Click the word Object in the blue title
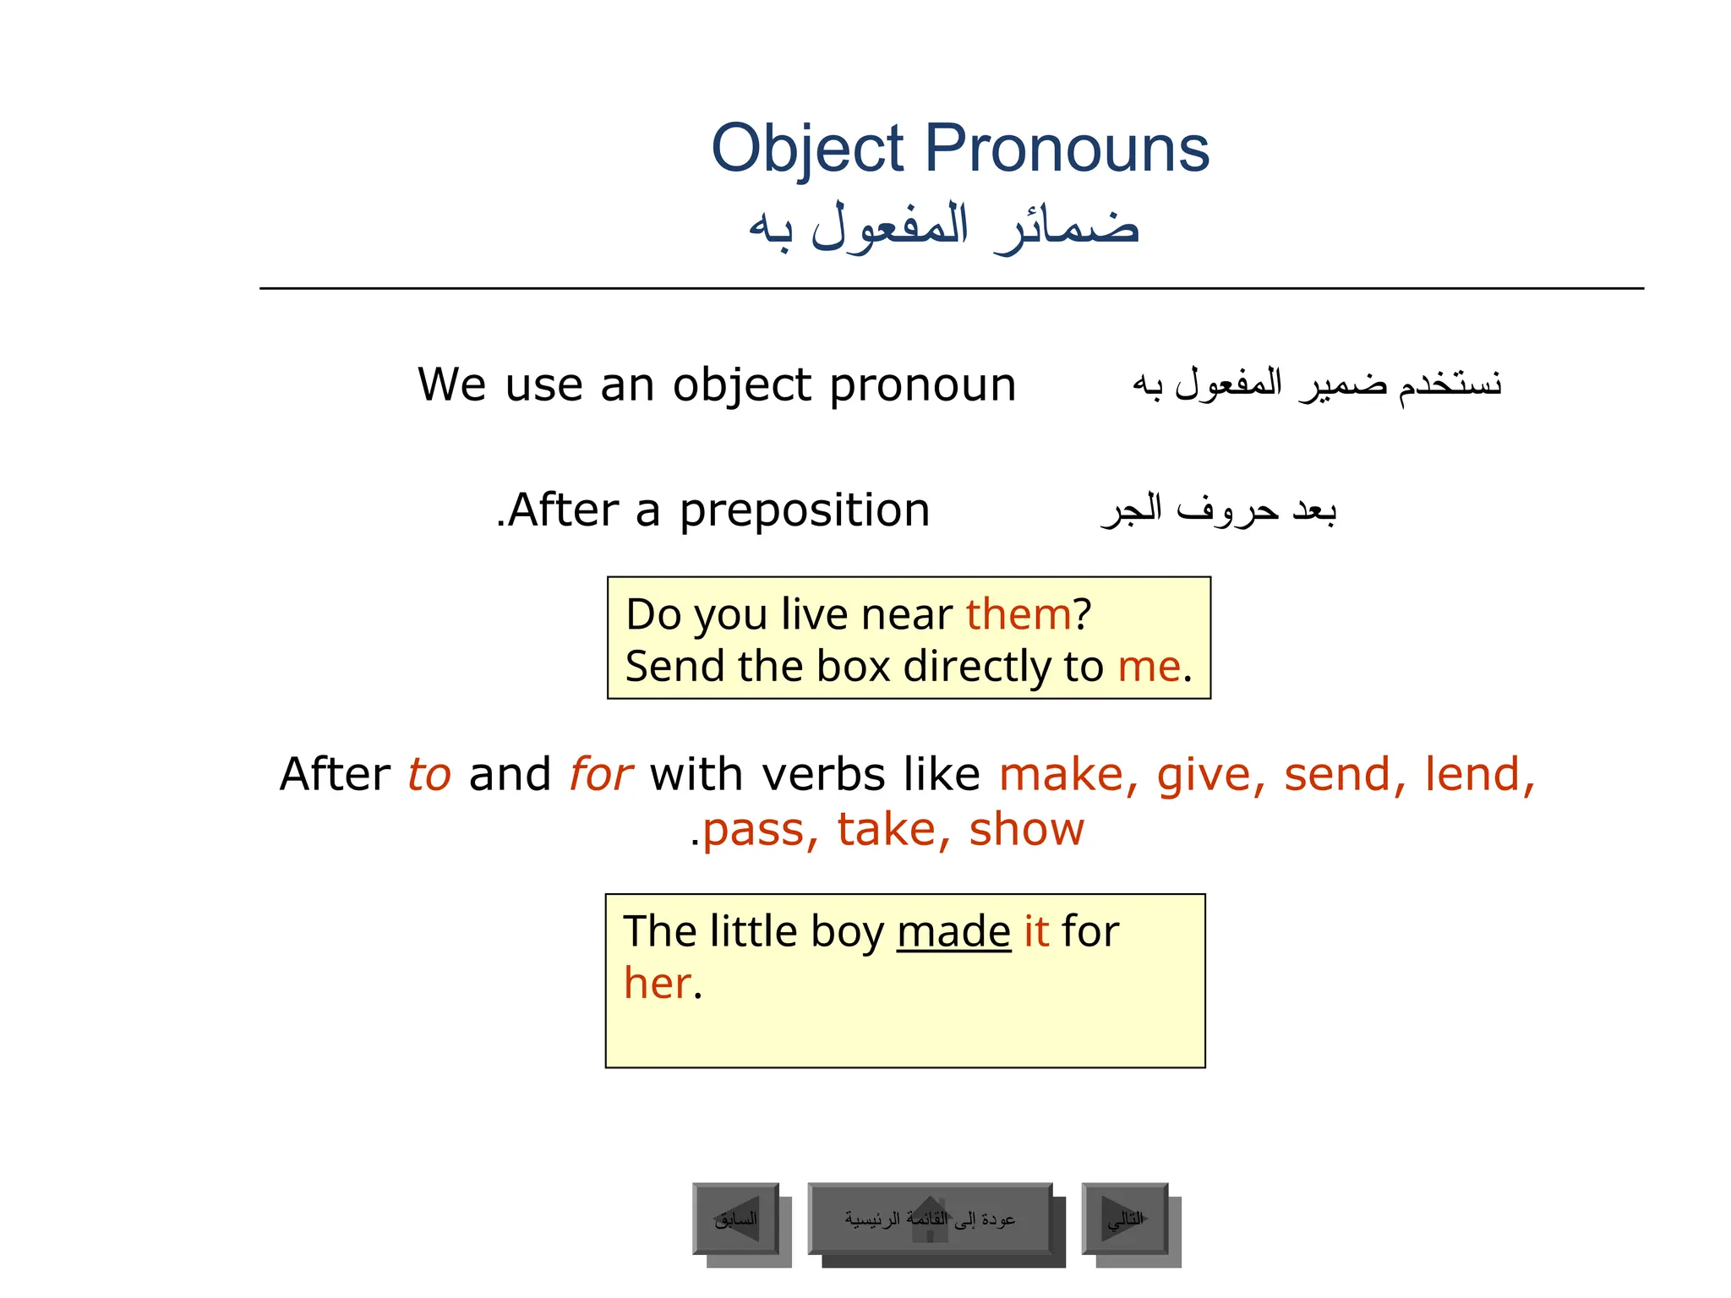coord(808,150)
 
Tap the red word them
coord(1018,614)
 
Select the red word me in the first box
coord(1149,667)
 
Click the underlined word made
coord(953,932)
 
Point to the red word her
coord(658,984)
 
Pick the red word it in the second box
coord(1036,932)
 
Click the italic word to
coord(429,775)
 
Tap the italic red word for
coord(600,775)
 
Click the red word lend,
coord(1479,775)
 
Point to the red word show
coord(1026,830)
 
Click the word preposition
coord(805,511)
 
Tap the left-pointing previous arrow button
coord(736,1219)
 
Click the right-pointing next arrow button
coord(1125,1219)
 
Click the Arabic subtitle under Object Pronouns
coord(944,228)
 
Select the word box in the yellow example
coord(854,667)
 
